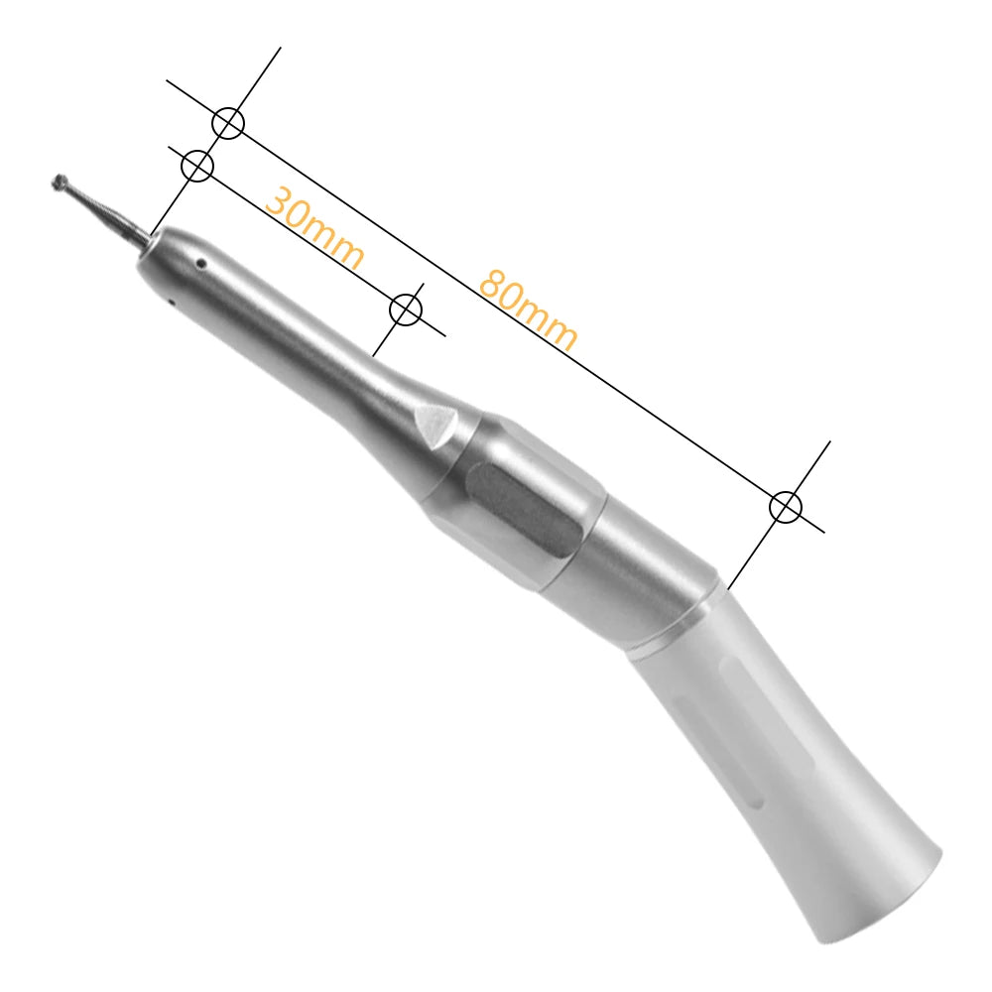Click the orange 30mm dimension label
314,229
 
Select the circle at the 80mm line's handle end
786,507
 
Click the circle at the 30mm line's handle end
406,310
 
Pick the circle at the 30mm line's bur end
198,166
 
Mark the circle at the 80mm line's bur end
228,123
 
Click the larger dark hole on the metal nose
200,264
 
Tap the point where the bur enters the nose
152,236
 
